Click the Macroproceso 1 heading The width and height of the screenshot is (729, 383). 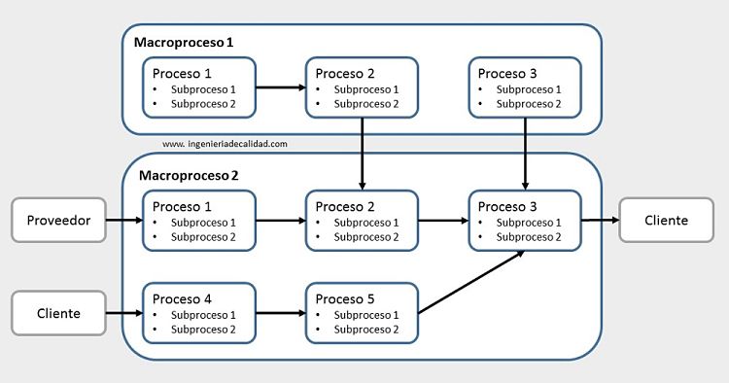click(186, 43)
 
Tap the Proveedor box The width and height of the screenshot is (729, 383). click(57, 221)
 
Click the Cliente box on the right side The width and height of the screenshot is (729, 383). click(666, 220)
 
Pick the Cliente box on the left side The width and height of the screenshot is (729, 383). click(57, 313)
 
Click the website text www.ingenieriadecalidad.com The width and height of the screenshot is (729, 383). click(225, 143)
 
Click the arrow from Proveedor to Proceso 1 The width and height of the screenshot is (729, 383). click(123, 221)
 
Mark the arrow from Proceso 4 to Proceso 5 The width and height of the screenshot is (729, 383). click(281, 313)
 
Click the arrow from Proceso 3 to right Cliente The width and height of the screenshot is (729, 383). click(600, 220)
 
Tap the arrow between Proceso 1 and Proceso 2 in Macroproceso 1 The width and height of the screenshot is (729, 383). click(281, 87)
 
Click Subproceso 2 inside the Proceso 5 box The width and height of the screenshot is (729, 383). click(366, 330)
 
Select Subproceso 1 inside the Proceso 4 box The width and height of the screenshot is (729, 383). click(203, 315)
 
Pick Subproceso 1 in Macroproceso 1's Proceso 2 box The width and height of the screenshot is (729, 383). click(366, 89)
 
